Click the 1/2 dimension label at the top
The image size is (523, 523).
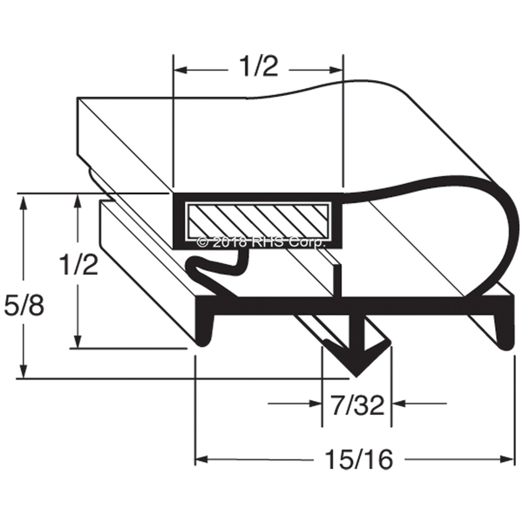click(x=259, y=66)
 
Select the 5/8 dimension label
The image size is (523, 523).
click(x=24, y=305)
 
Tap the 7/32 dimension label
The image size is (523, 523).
click(x=358, y=404)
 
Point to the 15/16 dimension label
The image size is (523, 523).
click(x=359, y=459)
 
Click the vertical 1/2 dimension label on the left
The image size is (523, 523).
click(x=78, y=263)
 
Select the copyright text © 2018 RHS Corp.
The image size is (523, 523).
click(x=261, y=242)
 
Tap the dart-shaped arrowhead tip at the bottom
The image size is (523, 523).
click(x=357, y=377)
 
